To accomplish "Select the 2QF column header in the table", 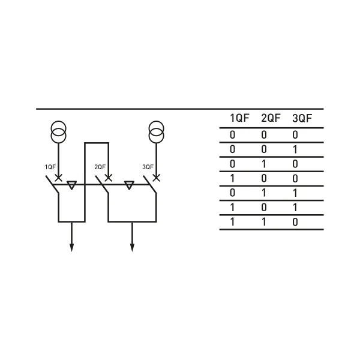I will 271,118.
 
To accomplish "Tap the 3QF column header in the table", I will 302,118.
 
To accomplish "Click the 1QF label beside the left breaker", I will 50,167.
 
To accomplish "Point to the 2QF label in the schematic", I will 100,167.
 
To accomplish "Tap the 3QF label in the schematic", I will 148,167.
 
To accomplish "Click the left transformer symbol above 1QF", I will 58,133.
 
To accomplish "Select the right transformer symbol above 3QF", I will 156,133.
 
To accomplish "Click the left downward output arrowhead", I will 72,247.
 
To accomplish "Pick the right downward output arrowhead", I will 132,247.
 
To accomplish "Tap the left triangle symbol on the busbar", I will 72,185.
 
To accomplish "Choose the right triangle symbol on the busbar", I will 128,185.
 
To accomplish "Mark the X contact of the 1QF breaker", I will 58,178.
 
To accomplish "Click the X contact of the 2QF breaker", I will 108,178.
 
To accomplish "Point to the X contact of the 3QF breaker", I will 156,178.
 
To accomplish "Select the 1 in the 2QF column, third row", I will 264,164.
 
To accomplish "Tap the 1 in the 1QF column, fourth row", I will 232,178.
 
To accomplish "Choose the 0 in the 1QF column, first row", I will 232,135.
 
